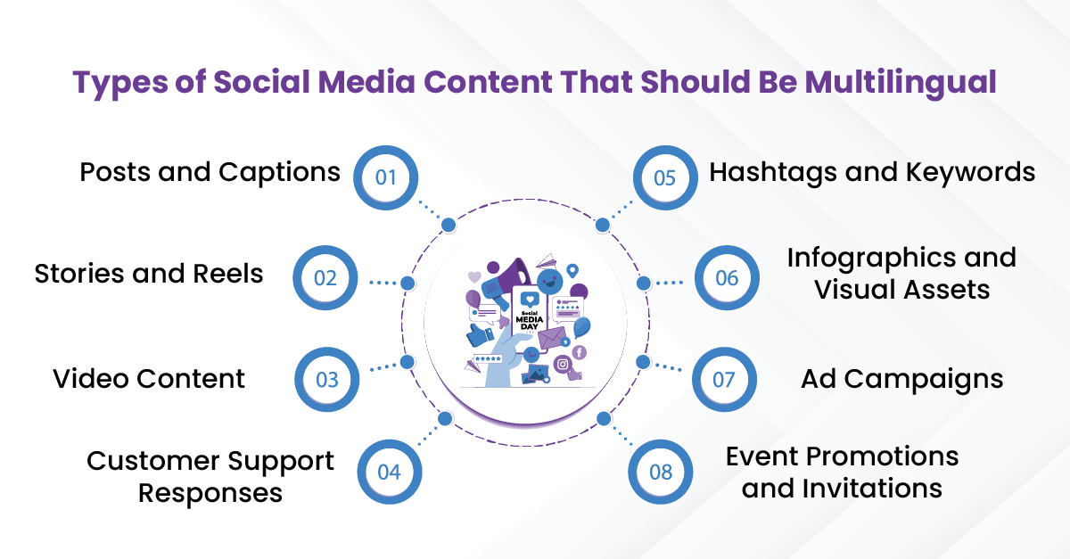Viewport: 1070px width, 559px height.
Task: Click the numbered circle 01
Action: click(385, 177)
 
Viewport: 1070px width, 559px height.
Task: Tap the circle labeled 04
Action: click(390, 472)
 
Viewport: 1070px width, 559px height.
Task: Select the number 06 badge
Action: click(727, 277)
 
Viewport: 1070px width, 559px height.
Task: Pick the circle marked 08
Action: click(660, 472)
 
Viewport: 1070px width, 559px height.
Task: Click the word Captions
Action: click(279, 173)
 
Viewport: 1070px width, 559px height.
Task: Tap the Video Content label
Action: click(149, 379)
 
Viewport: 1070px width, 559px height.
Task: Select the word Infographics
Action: click(871, 259)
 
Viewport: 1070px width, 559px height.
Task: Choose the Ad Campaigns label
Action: click(901, 380)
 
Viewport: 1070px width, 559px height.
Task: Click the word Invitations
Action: click(872, 489)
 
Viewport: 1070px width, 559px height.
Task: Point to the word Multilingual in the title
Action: click(901, 83)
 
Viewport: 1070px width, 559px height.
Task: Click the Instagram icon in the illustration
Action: click(563, 365)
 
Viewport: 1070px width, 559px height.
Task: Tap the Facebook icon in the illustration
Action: click(579, 352)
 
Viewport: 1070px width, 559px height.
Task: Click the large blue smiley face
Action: click(549, 282)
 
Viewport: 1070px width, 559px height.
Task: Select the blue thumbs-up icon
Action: click(479, 334)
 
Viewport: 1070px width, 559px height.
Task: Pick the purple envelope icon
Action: click(552, 338)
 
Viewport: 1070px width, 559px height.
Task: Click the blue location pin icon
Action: click(572, 271)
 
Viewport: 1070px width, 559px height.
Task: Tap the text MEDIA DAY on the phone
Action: click(530, 323)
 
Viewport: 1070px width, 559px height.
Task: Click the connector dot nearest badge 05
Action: click(603, 225)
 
